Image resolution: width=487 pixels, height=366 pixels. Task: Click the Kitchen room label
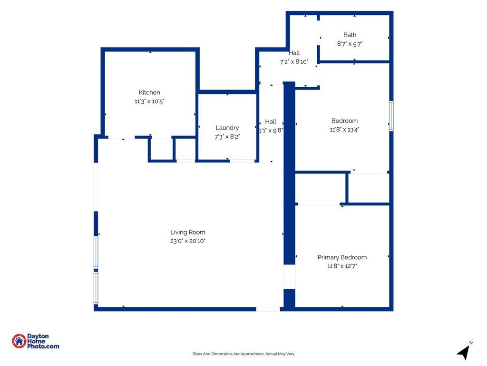coord(149,92)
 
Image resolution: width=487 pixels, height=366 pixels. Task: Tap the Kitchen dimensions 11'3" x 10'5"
coord(149,101)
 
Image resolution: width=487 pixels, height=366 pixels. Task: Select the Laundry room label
coord(227,128)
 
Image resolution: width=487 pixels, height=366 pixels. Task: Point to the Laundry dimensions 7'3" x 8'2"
coord(227,137)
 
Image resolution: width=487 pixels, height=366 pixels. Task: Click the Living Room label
coord(187,232)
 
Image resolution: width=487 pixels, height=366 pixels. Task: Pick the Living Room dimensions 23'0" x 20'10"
coord(187,241)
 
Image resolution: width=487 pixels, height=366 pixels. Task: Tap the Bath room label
coord(350,35)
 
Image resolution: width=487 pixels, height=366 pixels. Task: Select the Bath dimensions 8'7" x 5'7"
coord(350,44)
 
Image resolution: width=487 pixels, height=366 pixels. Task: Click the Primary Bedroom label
coord(342,257)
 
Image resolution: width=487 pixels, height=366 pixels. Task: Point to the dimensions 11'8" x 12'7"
coord(342,266)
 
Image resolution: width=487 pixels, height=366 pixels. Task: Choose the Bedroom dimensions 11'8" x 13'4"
coord(344,130)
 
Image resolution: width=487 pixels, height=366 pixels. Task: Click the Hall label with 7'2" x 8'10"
coord(294,53)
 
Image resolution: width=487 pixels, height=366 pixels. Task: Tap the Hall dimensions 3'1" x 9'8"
coord(271,131)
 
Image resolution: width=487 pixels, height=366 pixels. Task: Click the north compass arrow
coord(464,352)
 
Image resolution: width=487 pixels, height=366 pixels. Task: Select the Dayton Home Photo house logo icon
coord(19,341)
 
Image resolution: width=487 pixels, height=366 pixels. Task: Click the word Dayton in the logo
coord(38,336)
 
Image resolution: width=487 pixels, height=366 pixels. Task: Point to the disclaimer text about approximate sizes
coord(243,354)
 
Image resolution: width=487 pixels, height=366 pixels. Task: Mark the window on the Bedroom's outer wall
coord(391,116)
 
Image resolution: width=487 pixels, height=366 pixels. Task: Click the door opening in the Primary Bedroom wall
coord(290,277)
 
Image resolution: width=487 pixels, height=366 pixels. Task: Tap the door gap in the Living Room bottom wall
coord(268,309)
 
